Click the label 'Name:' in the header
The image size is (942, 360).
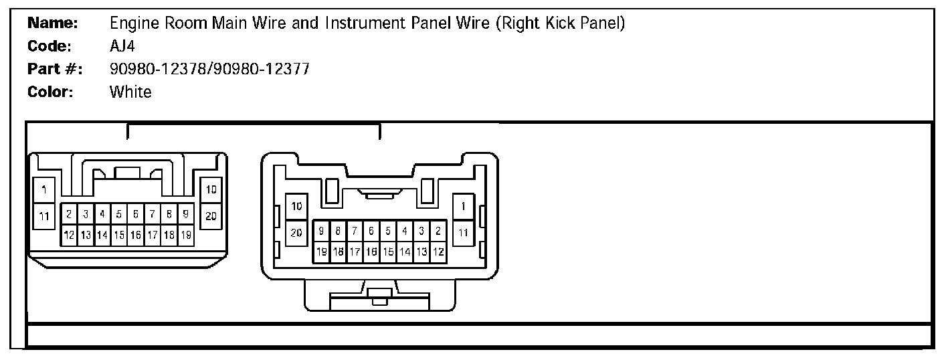[53, 23]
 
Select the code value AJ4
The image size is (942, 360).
[123, 46]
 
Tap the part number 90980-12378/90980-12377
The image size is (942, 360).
[209, 69]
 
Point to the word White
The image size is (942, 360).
[130, 92]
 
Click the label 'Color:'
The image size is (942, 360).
[50, 92]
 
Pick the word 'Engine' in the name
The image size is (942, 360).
[134, 23]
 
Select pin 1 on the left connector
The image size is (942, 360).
[44, 191]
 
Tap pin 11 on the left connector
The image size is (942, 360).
[44, 215]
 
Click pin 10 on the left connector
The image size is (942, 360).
[211, 191]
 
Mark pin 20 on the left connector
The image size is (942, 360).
[211, 215]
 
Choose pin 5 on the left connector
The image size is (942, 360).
[119, 215]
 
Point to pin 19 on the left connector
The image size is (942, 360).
[186, 235]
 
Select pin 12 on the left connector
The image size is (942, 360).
[69, 235]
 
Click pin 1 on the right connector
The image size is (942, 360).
[463, 206]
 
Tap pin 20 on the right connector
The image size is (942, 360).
[296, 232]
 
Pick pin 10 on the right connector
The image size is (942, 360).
[296, 206]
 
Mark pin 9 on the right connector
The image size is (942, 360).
[322, 232]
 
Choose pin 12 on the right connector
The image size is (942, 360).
[438, 252]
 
